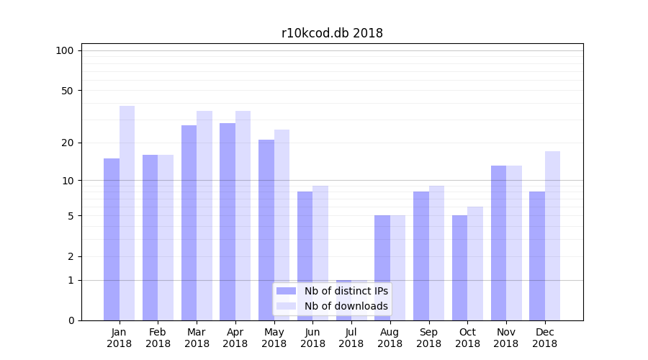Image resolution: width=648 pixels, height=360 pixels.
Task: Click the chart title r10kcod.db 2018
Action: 332,33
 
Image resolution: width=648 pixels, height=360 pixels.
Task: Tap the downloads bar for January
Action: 127,213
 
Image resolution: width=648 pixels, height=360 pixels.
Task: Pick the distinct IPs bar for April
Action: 228,222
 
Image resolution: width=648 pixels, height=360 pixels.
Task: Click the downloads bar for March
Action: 204,215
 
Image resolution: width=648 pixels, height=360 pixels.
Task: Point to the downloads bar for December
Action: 552,235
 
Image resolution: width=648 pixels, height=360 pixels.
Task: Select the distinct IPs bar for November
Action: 498,243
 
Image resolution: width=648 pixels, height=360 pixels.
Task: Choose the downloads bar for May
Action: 282,225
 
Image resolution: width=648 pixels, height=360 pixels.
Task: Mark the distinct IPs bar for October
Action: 460,268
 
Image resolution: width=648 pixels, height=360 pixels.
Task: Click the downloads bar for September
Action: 436,253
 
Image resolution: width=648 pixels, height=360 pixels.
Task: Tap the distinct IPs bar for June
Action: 305,256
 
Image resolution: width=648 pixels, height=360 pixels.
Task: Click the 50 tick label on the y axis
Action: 68,91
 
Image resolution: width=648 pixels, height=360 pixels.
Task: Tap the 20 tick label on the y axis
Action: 68,143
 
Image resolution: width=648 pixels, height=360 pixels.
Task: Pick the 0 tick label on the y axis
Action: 71,320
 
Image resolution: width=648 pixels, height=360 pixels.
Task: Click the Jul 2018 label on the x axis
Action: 351,338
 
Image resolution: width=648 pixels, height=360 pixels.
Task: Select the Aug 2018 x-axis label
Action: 390,338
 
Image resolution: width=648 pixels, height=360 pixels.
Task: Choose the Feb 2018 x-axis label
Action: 158,338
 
